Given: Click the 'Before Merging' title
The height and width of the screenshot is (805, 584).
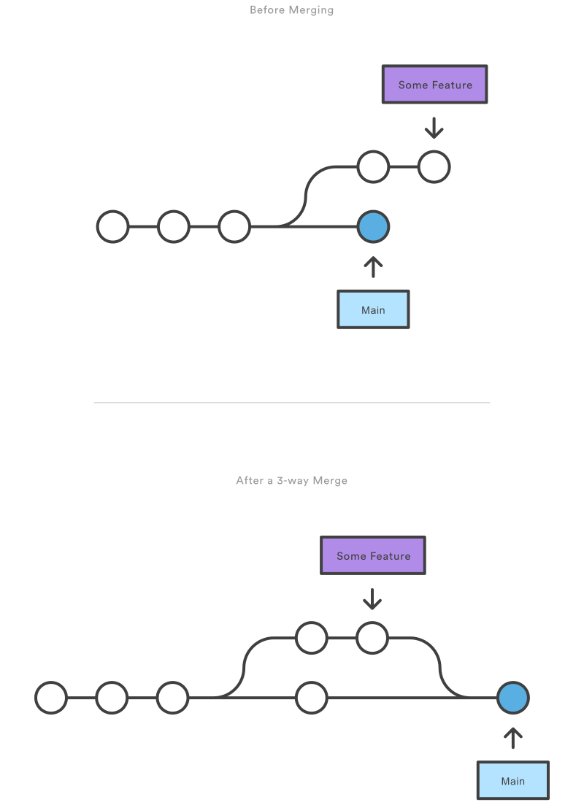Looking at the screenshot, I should tap(291, 10).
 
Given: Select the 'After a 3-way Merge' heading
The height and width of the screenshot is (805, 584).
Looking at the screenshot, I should tap(291, 481).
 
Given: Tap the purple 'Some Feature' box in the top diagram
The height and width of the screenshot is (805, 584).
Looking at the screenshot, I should tap(434, 85).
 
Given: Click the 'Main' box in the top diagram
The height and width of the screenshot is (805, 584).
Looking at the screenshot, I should tap(373, 309).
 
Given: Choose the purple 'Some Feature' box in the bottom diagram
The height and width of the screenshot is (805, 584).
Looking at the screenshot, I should tap(373, 555).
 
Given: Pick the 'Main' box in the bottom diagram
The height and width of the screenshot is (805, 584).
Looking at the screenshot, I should tap(512, 780).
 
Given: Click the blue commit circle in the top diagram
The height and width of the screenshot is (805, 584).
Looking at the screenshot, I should tap(373, 227).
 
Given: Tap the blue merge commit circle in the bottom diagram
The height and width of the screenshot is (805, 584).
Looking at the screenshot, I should tap(512, 698).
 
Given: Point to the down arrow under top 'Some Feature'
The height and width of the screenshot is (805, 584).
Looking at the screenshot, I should tap(434, 128).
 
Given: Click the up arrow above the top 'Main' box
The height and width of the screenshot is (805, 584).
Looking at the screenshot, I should tap(373, 266).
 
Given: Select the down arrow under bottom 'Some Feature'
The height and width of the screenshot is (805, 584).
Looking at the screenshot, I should tap(372, 599).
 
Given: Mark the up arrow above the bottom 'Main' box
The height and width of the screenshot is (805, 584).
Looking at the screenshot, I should tap(512, 738).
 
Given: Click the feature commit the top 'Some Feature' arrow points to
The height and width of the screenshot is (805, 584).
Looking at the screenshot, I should tap(434, 167).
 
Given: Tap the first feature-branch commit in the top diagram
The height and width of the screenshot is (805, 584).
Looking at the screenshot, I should tap(373, 167).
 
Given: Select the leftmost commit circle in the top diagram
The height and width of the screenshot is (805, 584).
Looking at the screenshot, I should tap(113, 227).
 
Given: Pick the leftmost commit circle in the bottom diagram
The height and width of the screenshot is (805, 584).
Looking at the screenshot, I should tap(51, 698).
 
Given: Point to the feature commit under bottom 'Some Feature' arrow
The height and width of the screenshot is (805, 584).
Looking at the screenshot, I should tap(372, 638).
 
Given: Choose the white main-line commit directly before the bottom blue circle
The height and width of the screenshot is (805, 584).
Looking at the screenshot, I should tap(312, 698).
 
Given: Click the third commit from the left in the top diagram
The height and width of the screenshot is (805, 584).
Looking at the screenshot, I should tap(234, 227).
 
